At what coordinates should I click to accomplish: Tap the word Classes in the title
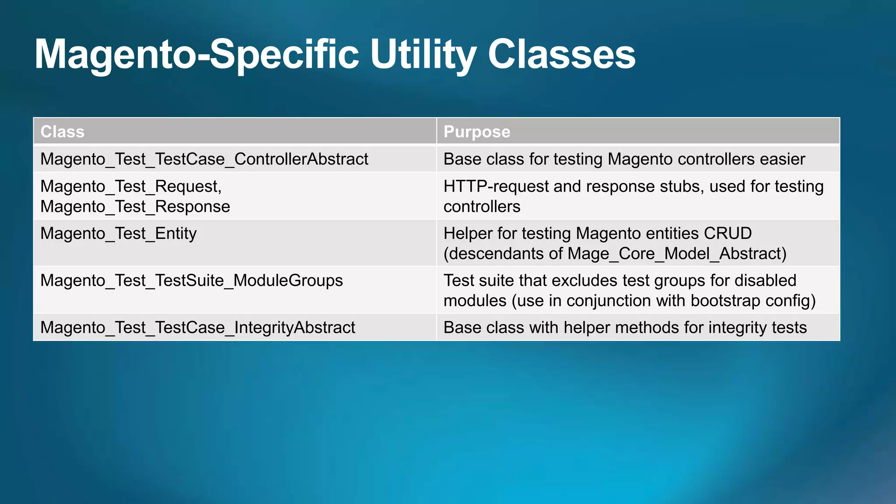pyautogui.click(x=561, y=55)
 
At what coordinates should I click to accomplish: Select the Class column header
pyautogui.click(x=63, y=132)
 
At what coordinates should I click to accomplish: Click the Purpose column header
pyautogui.click(x=477, y=132)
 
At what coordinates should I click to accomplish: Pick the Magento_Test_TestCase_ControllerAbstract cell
pyautogui.click(x=204, y=159)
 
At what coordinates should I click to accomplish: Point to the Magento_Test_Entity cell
pyautogui.click(x=119, y=234)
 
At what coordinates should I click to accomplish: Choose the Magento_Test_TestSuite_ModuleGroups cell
pyautogui.click(x=192, y=280)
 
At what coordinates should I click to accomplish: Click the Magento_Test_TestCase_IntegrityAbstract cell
pyautogui.click(x=198, y=328)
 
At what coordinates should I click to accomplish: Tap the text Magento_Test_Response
pyautogui.click(x=135, y=206)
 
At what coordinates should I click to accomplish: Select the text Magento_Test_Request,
pyautogui.click(x=131, y=187)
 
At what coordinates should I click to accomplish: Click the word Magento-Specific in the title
pyautogui.click(x=196, y=55)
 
